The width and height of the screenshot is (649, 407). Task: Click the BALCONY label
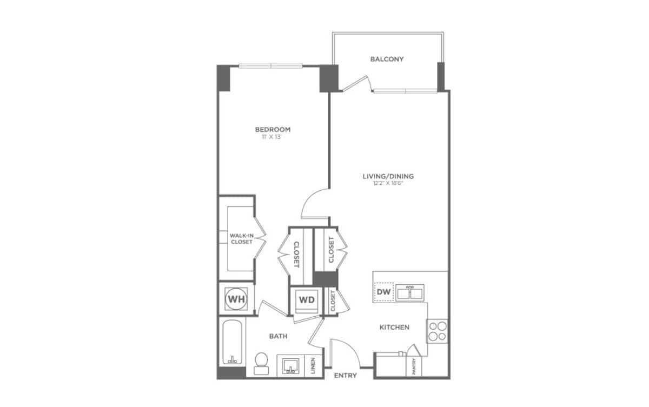pos(387,59)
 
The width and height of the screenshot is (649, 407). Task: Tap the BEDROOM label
pos(273,129)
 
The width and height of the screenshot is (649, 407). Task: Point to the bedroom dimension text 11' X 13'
pos(273,137)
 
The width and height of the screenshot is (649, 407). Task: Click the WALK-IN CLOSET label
pos(241,238)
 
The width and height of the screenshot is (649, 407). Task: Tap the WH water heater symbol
pos(236,298)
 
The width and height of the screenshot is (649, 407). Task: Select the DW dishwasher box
pos(383,292)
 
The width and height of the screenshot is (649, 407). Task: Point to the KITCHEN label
pos(394,327)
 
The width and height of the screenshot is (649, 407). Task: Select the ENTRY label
pos(345,376)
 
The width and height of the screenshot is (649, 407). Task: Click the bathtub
pos(233,342)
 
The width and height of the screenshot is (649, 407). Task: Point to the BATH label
pos(278,336)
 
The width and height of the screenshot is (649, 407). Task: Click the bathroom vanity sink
pos(291,365)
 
